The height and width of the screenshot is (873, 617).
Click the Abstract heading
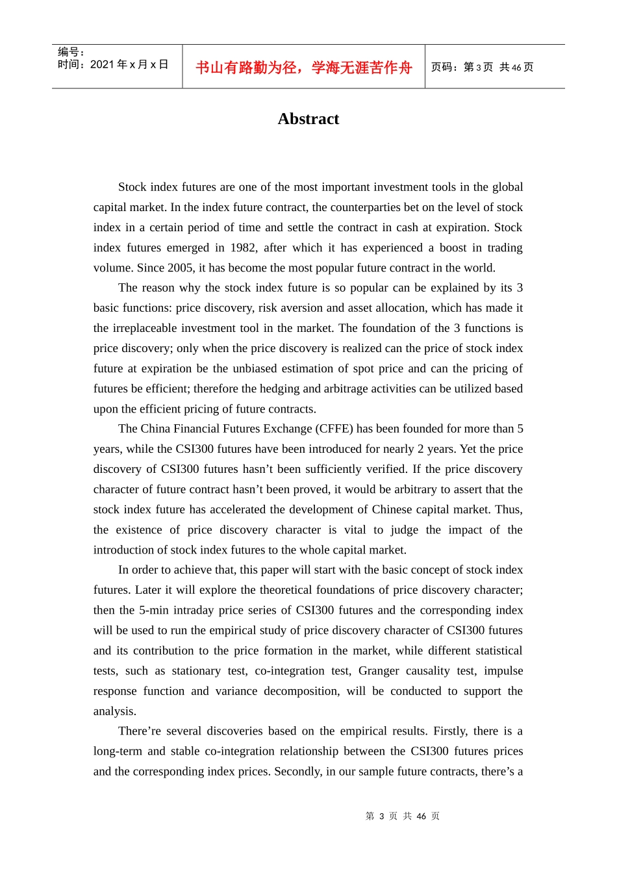pyautogui.click(x=308, y=119)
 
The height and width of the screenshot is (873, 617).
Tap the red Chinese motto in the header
pyautogui.click(x=303, y=68)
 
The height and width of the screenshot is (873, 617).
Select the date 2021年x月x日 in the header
pyautogui.click(x=129, y=64)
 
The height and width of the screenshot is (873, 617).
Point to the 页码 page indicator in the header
pyautogui.click(x=482, y=68)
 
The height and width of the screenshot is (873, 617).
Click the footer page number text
pyautogui.click(x=402, y=816)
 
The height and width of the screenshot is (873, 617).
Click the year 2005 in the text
pyautogui.click(x=179, y=268)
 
